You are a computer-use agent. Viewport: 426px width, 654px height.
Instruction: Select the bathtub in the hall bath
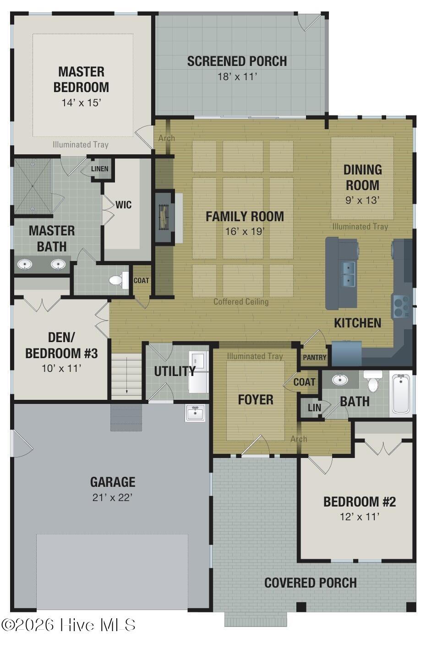pos(401,393)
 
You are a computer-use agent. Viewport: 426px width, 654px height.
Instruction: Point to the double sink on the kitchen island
pos(349,273)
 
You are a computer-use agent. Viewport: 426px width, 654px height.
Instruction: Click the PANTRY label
pos(315,357)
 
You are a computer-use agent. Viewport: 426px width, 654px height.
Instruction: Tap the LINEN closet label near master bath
pos(100,169)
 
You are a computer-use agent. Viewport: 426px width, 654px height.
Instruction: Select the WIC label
pos(124,205)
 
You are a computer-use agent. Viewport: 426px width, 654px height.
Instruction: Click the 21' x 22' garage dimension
pos(112,497)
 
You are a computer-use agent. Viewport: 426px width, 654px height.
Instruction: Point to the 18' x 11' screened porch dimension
pos(237,76)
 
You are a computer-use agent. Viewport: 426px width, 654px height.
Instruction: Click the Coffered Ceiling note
pos(241,302)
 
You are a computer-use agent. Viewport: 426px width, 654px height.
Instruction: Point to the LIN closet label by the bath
pos(314,407)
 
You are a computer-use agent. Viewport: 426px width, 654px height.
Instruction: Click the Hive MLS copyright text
pos(69,625)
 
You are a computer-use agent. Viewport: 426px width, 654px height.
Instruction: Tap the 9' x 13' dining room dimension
pos(362,200)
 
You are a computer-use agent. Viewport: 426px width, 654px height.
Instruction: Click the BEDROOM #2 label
pos(359,501)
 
